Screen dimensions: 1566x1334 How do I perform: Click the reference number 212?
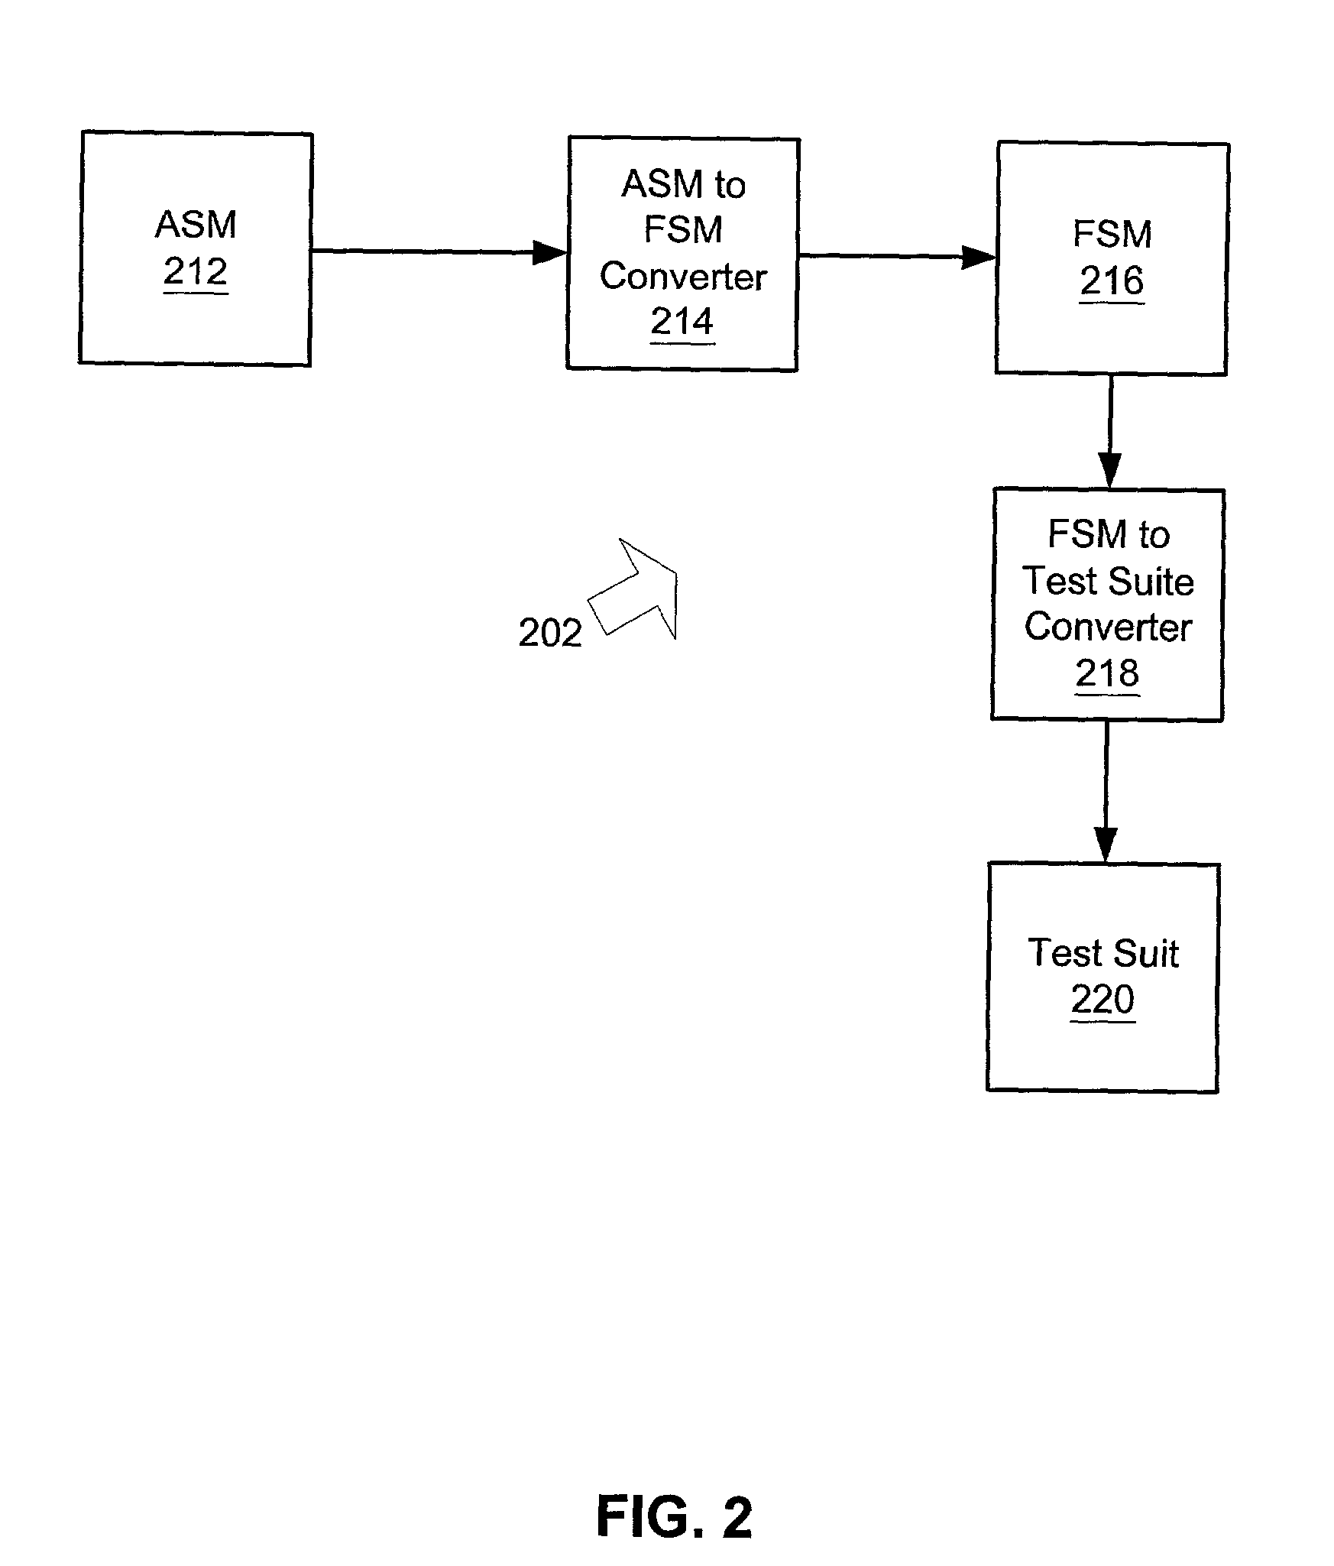click(x=196, y=271)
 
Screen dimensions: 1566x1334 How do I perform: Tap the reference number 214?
click(x=682, y=322)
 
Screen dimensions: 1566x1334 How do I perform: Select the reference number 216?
click(x=1112, y=281)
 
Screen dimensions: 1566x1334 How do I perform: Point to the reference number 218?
click(x=1107, y=673)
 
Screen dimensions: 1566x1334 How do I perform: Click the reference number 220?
click(x=1102, y=999)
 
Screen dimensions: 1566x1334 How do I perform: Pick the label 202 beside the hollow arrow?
click(x=550, y=633)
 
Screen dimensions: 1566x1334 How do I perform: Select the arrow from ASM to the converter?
click(x=439, y=251)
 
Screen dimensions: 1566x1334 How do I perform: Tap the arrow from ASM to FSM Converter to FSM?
click(x=897, y=257)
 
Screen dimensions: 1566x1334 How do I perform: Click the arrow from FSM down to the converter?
click(x=1109, y=432)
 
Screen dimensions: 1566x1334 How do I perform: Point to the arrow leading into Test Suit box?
click(x=1106, y=792)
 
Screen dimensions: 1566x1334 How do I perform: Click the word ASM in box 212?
click(x=196, y=225)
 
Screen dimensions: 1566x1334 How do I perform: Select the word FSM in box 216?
click(x=1112, y=234)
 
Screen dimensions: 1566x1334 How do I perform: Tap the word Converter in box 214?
click(x=683, y=277)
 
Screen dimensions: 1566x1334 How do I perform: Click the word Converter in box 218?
click(x=1108, y=627)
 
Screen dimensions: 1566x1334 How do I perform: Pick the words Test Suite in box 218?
click(x=1108, y=581)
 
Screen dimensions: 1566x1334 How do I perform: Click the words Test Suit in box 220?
click(x=1103, y=953)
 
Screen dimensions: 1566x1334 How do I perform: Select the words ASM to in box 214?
click(x=683, y=185)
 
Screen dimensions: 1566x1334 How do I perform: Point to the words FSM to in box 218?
click(x=1109, y=534)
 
